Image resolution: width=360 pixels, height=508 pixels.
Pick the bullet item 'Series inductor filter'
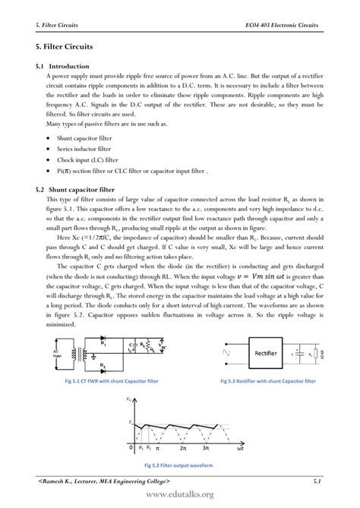coord(83,150)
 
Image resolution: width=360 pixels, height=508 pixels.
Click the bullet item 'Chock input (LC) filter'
coord(87,160)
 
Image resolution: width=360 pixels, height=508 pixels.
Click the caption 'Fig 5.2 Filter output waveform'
coord(180,465)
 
